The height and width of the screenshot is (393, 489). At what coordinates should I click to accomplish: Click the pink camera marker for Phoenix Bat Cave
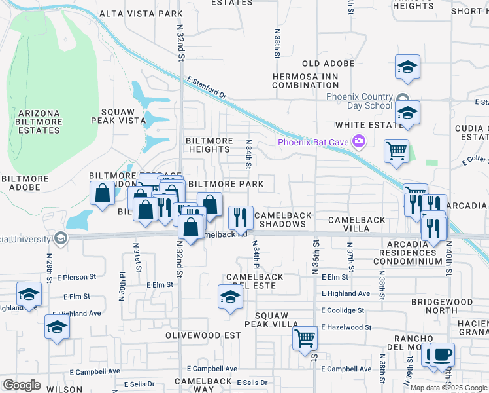coord(358,141)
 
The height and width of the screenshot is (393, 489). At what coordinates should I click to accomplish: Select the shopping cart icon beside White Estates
coord(396,151)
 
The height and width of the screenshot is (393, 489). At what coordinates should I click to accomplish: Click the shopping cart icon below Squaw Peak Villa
coord(305,339)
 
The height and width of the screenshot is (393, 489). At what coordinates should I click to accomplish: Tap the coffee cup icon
coord(443,354)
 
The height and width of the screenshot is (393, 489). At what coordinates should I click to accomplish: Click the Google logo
coord(22,384)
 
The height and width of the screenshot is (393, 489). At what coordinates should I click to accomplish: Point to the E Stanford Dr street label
coord(206,86)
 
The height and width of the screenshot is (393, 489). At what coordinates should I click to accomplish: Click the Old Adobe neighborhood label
coord(328,64)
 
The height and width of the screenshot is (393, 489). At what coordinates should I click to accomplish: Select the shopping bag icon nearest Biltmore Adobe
coord(103,193)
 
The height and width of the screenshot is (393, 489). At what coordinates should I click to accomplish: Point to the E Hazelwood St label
coord(346,327)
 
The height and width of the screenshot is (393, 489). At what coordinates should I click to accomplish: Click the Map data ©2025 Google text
coord(449,388)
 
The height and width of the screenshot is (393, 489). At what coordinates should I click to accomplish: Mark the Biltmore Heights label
coord(208,145)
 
